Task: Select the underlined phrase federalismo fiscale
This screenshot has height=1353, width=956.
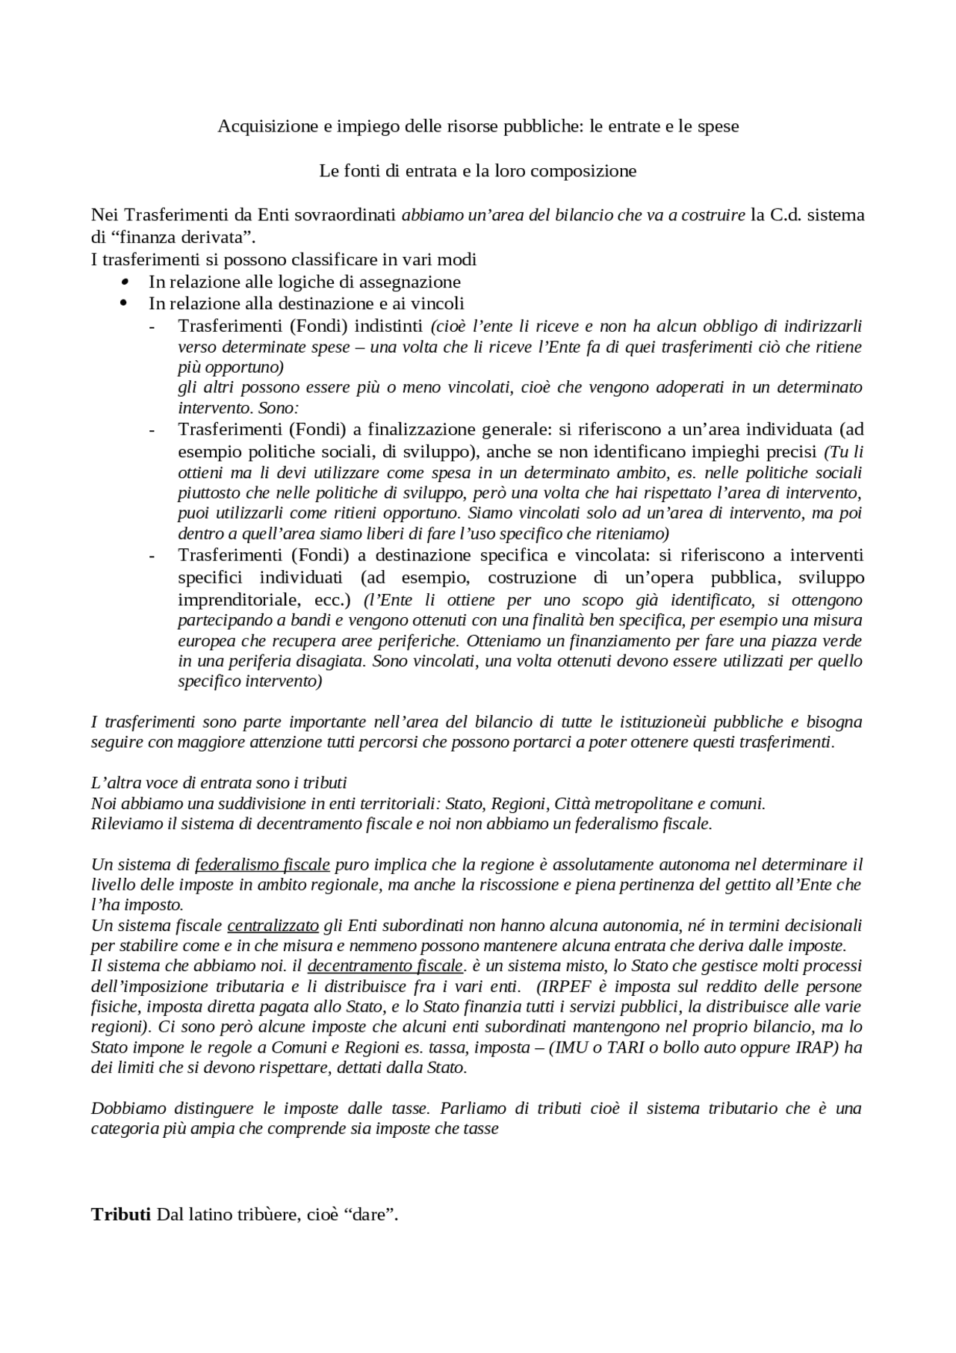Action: click(x=262, y=865)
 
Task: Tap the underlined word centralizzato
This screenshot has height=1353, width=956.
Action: click(x=273, y=926)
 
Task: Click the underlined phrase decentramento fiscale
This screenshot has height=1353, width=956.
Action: click(x=385, y=966)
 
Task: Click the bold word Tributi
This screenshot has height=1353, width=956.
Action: click(x=121, y=1214)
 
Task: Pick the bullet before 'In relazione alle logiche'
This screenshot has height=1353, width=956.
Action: click(x=124, y=282)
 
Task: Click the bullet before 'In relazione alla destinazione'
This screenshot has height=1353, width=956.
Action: click(x=124, y=303)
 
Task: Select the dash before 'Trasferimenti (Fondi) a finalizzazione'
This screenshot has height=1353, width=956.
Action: click(x=152, y=430)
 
